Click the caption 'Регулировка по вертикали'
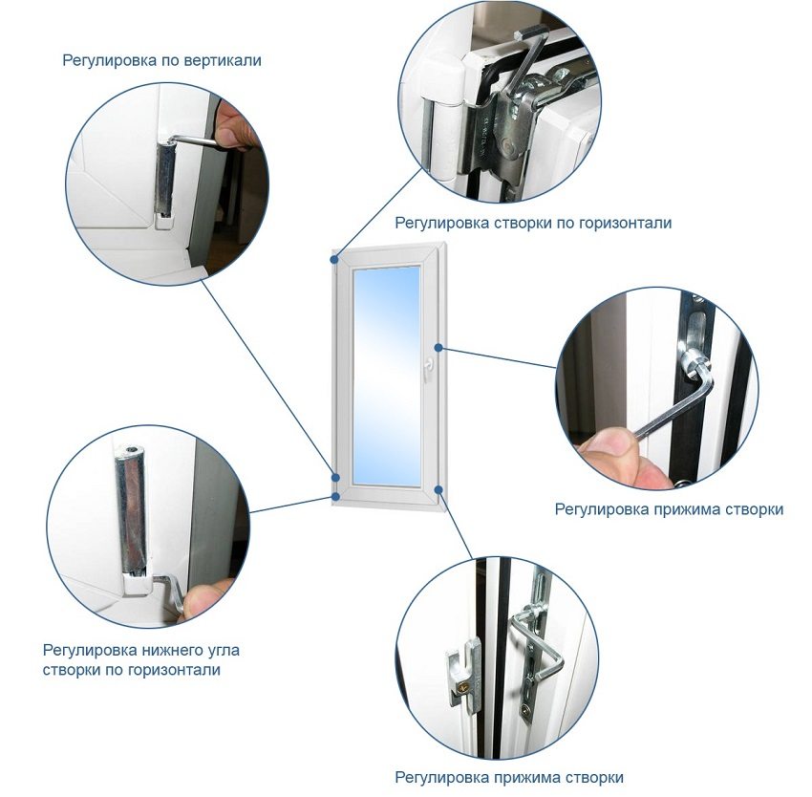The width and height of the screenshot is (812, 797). click(x=162, y=60)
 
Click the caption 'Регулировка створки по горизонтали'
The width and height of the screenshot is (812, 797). click(x=533, y=224)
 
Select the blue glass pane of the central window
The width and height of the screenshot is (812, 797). click(x=386, y=377)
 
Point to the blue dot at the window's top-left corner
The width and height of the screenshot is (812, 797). click(x=335, y=259)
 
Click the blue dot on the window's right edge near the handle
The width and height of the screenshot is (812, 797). click(x=438, y=348)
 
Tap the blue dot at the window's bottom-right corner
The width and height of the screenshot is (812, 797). click(x=439, y=488)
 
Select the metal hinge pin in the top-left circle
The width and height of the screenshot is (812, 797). click(x=165, y=180)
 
